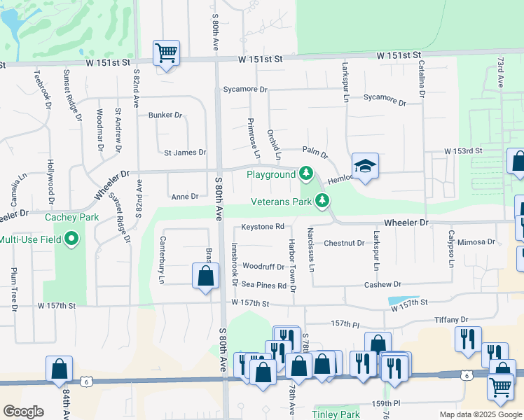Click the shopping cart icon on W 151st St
click(167, 53)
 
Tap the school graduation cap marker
click(365, 167)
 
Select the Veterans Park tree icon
click(322, 202)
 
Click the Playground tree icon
click(305, 173)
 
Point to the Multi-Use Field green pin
click(70, 240)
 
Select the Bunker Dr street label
click(165, 115)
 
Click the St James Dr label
click(185, 152)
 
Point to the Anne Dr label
click(185, 197)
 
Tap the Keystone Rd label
click(263, 227)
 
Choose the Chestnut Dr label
click(344, 244)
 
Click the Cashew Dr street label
click(382, 285)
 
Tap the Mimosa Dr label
click(477, 242)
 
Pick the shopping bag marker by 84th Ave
click(60, 368)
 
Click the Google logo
click(23, 412)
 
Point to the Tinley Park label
click(336, 414)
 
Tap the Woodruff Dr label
click(263, 267)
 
